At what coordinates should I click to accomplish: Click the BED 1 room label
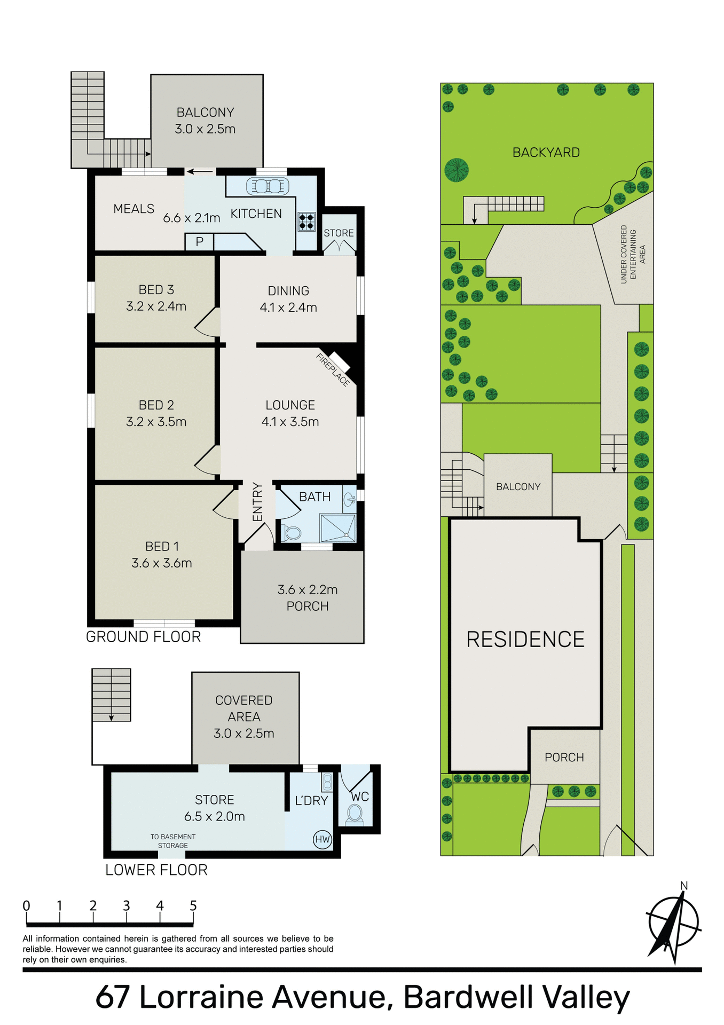point(162,547)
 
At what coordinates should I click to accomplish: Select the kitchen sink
point(267,186)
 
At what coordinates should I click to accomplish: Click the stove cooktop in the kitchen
point(306,221)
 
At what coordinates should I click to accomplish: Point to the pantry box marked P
point(199,242)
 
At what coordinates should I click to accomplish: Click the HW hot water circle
point(322,839)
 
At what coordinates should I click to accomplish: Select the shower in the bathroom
point(337,527)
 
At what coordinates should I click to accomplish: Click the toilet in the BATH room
point(292,532)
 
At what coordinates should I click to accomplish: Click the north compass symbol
point(673,924)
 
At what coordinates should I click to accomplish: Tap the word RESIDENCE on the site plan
point(525,639)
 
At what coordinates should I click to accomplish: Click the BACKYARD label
point(546,153)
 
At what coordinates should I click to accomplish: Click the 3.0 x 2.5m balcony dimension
point(205,129)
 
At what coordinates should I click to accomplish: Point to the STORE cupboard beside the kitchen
point(339,233)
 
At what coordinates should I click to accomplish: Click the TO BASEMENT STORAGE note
point(173,841)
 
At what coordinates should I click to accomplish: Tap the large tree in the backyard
point(457,170)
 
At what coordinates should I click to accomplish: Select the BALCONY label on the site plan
point(518,486)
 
